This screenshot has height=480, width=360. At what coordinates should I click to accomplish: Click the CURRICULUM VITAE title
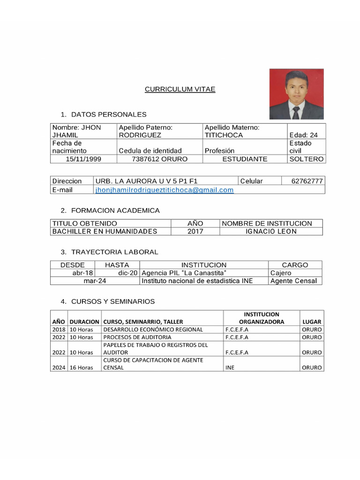[180, 89]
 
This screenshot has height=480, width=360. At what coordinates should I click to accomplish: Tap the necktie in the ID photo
[296, 112]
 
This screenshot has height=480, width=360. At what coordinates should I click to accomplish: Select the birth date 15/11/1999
[83, 159]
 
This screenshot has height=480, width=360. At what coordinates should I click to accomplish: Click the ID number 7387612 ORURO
[159, 159]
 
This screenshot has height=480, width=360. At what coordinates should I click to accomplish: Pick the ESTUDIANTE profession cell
[245, 159]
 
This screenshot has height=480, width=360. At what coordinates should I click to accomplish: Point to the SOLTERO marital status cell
[307, 159]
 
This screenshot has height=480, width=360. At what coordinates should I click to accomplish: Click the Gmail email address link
[164, 190]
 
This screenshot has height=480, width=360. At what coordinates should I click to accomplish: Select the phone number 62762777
[307, 181]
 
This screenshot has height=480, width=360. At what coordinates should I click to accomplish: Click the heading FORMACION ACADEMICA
[115, 210]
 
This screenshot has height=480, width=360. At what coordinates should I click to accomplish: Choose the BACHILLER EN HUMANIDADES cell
[105, 231]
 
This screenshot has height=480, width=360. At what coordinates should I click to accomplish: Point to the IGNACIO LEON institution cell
[271, 231]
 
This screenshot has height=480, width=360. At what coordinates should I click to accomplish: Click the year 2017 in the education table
[195, 231]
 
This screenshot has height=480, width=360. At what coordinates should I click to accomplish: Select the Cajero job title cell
[281, 273]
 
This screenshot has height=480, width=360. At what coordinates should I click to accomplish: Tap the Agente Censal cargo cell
[293, 281]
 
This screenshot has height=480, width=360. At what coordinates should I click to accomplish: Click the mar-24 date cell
[95, 281]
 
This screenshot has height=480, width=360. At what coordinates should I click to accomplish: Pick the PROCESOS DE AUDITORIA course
[137, 337]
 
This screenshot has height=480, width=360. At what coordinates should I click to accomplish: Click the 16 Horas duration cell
[82, 367]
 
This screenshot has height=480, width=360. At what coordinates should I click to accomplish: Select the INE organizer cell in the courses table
[230, 367]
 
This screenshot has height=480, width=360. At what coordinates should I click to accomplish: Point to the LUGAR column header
[312, 322]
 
